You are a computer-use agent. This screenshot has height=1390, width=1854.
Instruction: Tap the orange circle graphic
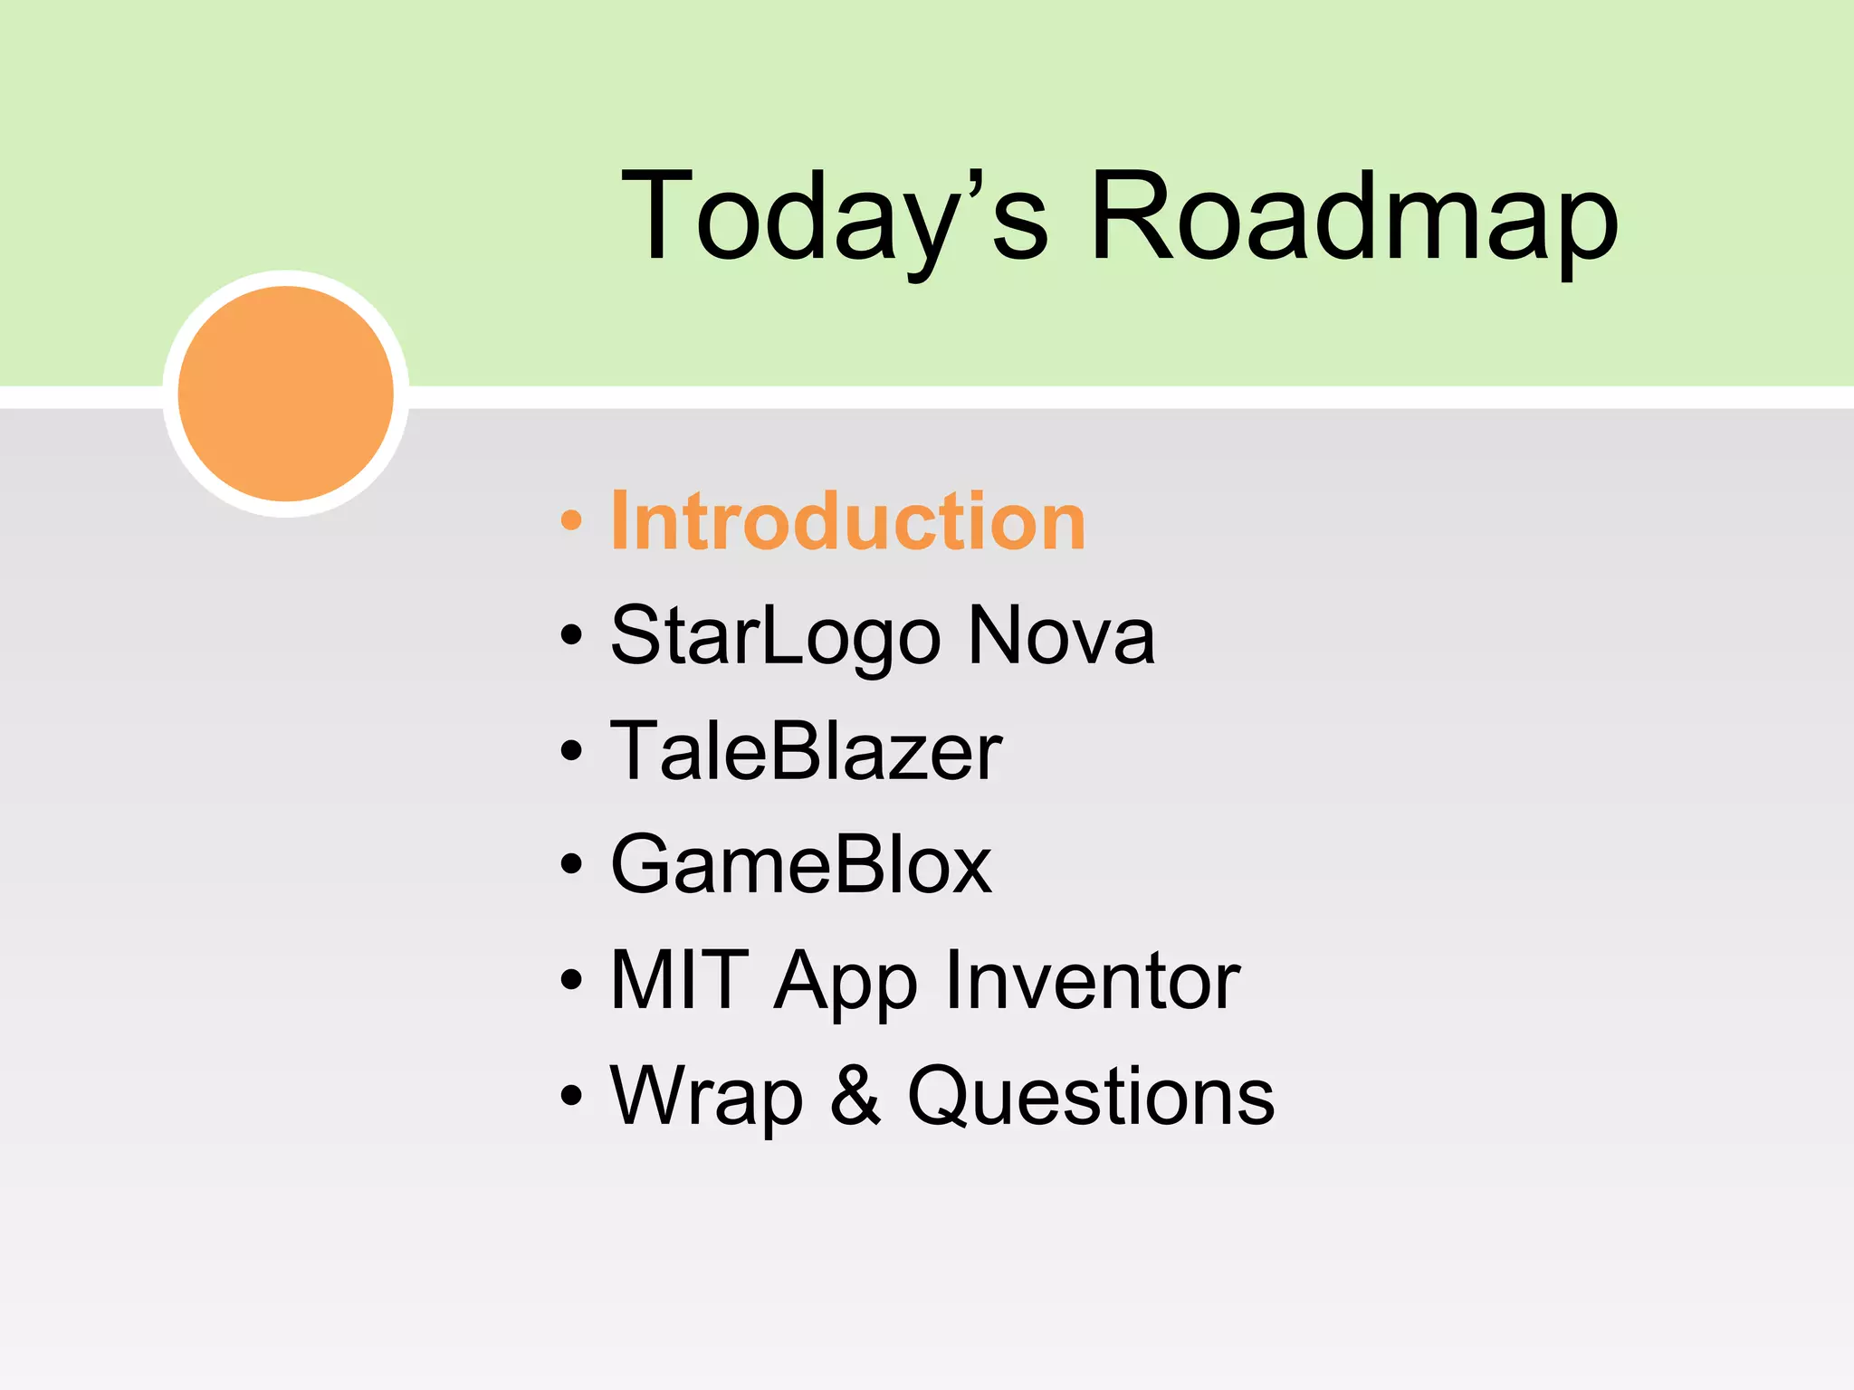click(286, 394)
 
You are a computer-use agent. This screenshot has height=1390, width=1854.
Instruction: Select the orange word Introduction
click(847, 521)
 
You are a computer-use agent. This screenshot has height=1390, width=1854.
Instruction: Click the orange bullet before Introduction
click(570, 521)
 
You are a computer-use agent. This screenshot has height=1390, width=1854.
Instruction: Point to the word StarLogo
click(776, 636)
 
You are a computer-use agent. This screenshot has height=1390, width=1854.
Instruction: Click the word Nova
click(1061, 636)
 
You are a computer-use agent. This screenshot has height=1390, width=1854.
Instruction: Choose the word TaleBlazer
click(806, 751)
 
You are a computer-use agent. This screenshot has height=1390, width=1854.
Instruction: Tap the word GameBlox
click(801, 866)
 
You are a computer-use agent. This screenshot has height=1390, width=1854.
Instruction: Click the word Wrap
click(706, 1097)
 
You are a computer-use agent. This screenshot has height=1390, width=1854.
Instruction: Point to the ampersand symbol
click(855, 1096)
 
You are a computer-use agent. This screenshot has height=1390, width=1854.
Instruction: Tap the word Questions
click(1091, 1097)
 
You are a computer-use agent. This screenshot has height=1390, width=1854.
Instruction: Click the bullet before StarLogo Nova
click(570, 636)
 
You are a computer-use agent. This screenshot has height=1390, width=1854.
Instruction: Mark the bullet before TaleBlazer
click(570, 751)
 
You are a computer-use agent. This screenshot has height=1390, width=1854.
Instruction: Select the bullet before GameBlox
click(570, 866)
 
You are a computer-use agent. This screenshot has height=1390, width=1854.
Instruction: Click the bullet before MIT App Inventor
click(570, 981)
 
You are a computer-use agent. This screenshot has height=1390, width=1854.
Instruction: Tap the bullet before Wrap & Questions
click(570, 1097)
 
